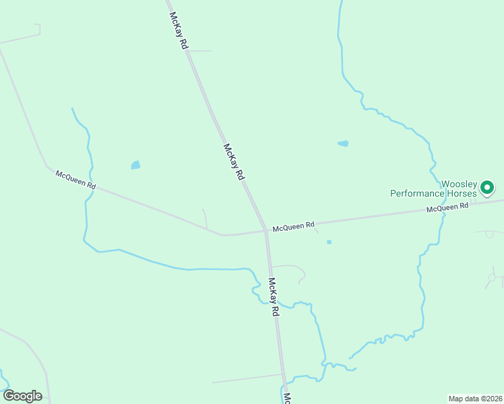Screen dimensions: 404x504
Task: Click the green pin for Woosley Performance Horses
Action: (487, 187)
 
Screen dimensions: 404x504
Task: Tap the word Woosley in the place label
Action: (459, 184)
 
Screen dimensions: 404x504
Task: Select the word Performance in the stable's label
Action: (418, 193)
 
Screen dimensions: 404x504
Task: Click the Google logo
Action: (22, 396)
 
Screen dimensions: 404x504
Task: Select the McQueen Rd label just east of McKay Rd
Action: (294, 227)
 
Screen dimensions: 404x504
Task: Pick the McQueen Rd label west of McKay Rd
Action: (75, 178)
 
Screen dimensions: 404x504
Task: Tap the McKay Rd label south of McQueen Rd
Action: (274, 297)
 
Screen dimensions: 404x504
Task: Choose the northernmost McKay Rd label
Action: (178, 31)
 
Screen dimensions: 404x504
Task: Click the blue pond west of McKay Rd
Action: (135, 165)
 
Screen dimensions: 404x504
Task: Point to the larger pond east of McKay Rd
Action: (343, 143)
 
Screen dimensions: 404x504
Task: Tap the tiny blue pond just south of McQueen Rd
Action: (329, 242)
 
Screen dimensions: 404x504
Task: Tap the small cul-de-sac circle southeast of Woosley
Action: (492, 277)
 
